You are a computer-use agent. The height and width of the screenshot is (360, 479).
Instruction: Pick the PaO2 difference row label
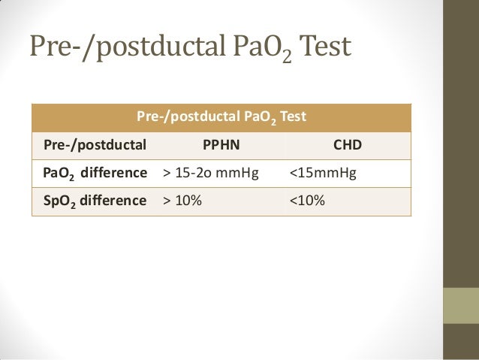pos(95,174)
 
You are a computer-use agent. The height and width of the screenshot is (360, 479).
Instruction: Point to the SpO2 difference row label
pos(95,201)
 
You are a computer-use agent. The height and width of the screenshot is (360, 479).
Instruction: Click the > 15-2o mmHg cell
pos(210,174)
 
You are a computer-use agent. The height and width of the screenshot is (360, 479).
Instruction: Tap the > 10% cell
pos(182,201)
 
